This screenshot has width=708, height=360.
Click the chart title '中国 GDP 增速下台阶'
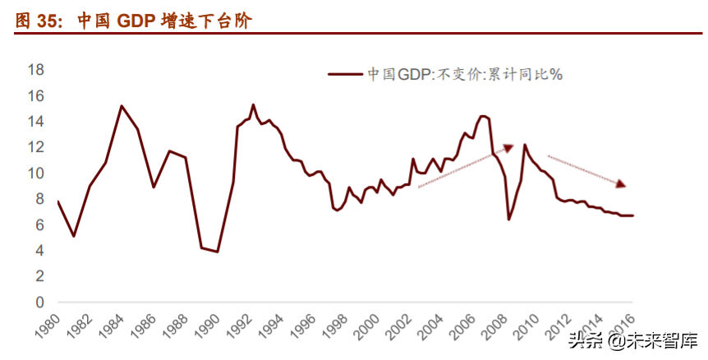tap(165, 21)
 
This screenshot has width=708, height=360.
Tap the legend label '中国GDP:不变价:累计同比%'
tap(464, 74)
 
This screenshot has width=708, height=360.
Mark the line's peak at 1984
tap(122, 106)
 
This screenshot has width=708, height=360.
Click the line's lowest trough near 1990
tap(218, 252)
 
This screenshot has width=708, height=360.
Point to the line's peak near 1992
tap(253, 104)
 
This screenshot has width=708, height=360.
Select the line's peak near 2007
tap(483, 116)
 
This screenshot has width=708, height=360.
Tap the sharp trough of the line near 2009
tap(509, 219)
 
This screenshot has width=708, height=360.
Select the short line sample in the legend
tap(346, 74)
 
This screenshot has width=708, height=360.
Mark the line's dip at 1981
tap(74, 236)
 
